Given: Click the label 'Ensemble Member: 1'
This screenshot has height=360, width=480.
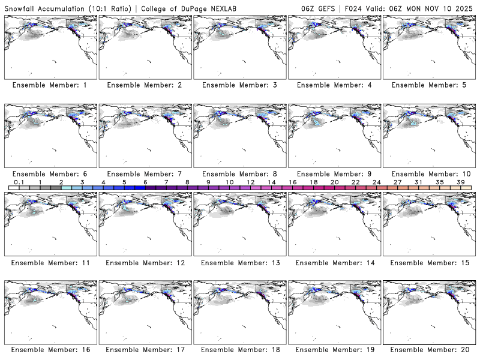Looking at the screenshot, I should [x=50, y=85].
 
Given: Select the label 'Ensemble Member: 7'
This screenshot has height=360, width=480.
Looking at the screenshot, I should [x=144, y=174].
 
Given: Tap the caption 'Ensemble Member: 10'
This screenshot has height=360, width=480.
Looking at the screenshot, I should [x=429, y=174].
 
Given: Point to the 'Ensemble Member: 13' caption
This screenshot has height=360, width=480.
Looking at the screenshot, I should [x=239, y=263].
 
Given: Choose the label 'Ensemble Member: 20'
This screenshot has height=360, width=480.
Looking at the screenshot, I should [x=429, y=349].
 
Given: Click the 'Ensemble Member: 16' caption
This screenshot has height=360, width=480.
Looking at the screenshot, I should [x=50, y=349].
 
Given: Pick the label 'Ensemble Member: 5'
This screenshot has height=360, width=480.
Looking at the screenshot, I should [x=429, y=85].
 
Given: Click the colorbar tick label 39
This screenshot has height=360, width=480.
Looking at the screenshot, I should [x=460, y=182].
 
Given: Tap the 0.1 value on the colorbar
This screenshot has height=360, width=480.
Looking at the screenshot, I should [x=19, y=182].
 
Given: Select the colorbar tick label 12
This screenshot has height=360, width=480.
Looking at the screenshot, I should [x=250, y=182].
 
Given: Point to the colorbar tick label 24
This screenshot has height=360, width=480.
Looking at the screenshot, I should [x=376, y=182].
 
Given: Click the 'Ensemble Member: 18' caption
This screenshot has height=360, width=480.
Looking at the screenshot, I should [x=239, y=349].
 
